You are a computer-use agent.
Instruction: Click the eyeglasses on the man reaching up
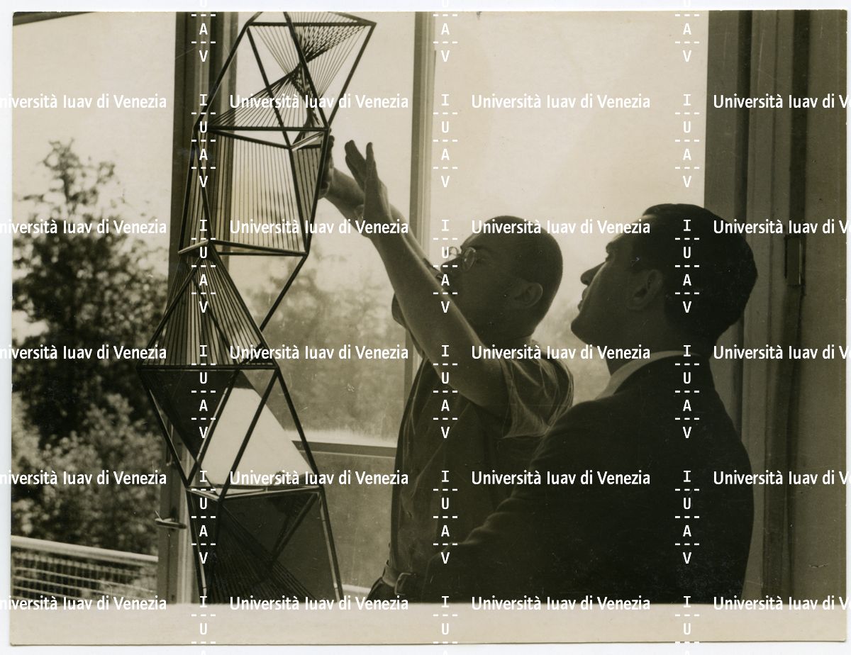(465, 257)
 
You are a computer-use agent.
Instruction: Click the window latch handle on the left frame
(169, 521)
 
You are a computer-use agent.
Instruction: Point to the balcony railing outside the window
(82, 567)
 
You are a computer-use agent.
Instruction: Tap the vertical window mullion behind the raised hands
(421, 157)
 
